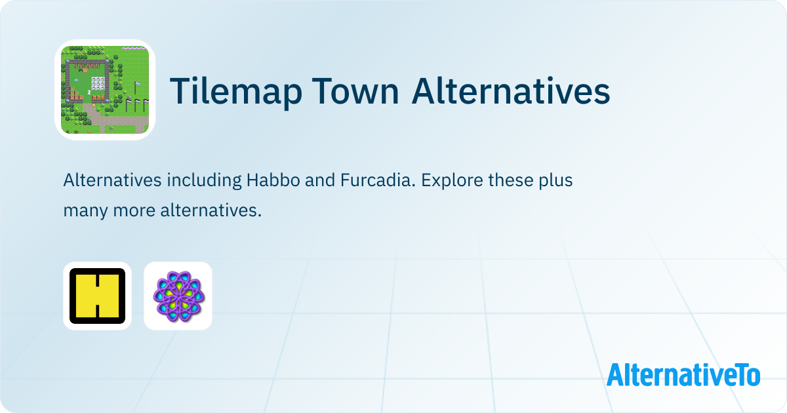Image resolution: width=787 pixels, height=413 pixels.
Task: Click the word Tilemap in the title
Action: pyautogui.click(x=235, y=91)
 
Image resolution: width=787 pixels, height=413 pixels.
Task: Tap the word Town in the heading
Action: pyautogui.click(x=355, y=91)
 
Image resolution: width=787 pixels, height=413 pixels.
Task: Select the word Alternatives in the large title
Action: pyautogui.click(x=511, y=90)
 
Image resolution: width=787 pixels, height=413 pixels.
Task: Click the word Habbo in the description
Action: pyautogui.click(x=273, y=180)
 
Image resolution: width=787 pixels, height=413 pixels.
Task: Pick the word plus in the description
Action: pyautogui.click(x=556, y=181)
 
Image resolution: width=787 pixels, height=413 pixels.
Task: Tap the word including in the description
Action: pyautogui.click(x=204, y=181)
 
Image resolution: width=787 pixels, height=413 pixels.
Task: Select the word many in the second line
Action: pyautogui.click(x=85, y=211)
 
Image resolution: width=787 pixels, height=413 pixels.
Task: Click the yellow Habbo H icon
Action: pyautogui.click(x=97, y=296)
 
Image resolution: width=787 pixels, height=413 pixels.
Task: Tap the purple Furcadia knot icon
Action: pyautogui.click(x=178, y=296)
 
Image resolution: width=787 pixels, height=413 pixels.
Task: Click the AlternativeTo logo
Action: pyautogui.click(x=683, y=374)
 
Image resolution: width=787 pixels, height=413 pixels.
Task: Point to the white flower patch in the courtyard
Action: pyautogui.click(x=98, y=83)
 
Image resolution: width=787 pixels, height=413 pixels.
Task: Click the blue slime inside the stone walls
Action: pyautogui.click(x=76, y=80)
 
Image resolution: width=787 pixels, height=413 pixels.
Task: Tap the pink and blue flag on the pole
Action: pyautogui.click(x=137, y=84)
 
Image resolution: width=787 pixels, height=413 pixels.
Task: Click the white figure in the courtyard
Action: pyautogui.click(x=89, y=92)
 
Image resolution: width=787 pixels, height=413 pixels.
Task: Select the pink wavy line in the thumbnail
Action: pyautogui.click(x=134, y=48)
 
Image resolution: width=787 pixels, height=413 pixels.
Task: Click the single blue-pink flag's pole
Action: pyautogui.click(x=135, y=88)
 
